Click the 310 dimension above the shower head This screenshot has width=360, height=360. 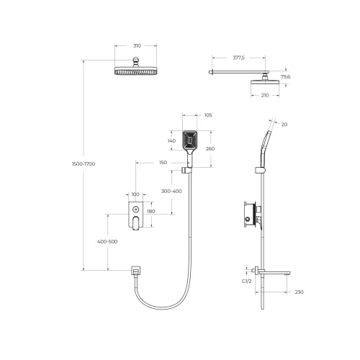point(137,46)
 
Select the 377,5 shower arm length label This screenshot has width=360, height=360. point(238,58)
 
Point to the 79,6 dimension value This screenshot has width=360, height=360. point(285,76)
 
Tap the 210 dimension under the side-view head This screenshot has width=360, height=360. point(265,95)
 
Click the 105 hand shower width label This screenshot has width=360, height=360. point(208,115)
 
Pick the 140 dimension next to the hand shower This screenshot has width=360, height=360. point(171,141)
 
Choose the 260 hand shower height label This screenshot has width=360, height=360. point(210,149)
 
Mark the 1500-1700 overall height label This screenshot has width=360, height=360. point(84,164)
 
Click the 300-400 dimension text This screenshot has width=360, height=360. point(171,192)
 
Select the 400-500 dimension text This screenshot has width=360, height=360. point(107,242)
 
